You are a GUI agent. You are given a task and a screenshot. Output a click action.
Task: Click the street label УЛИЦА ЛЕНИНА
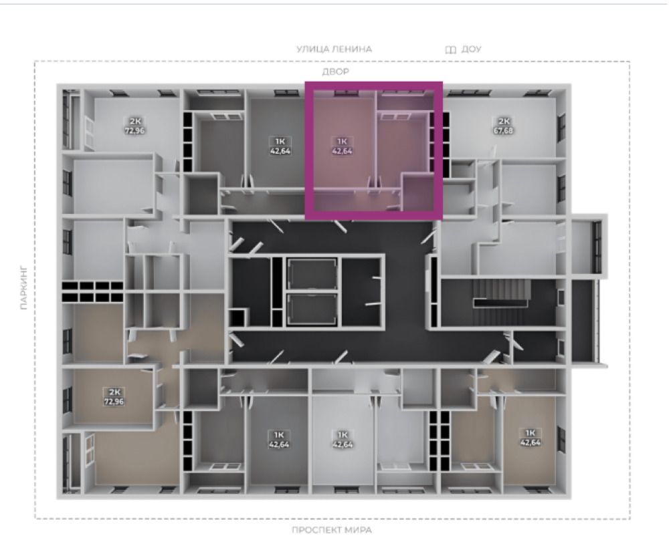(334, 49)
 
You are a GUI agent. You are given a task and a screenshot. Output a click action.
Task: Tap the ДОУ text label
(472, 49)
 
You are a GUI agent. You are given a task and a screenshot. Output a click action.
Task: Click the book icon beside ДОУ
(450, 50)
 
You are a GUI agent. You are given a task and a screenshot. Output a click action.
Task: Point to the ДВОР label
(335, 72)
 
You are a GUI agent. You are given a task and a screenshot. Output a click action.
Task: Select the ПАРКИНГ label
(24, 288)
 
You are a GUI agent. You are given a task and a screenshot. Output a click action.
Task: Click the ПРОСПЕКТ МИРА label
(332, 530)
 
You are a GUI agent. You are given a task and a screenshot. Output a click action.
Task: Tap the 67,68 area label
(503, 130)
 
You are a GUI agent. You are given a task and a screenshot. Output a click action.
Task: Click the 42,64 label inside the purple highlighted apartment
(342, 150)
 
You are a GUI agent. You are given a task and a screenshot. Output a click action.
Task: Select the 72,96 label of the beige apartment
(114, 401)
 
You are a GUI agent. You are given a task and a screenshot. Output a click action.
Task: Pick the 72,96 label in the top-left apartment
(134, 130)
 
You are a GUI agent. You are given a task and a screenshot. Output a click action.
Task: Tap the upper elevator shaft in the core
(312, 274)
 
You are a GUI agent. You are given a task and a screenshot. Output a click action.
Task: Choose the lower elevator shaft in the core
(312, 309)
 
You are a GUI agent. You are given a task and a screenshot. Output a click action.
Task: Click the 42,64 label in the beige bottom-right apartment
(531, 442)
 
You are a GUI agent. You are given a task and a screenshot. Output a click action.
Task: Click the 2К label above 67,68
(504, 121)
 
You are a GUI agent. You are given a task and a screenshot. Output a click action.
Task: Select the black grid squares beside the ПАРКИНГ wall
(92, 291)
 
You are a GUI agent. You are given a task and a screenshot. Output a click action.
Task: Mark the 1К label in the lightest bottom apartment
(343, 435)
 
